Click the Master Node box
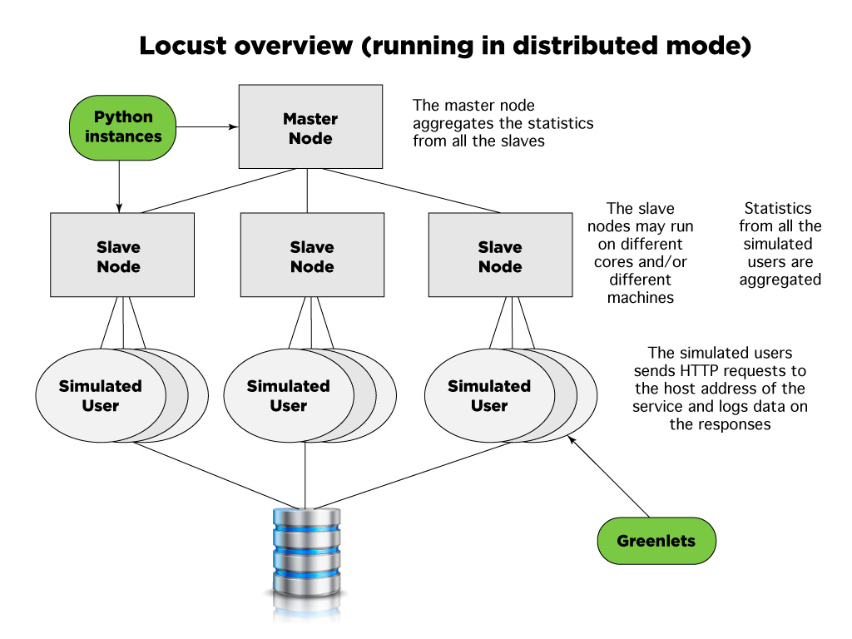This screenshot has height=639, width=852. click(310, 127)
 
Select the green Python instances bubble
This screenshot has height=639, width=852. click(122, 127)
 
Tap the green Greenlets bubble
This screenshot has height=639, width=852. click(656, 541)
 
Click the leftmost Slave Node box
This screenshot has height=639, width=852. click(122, 255)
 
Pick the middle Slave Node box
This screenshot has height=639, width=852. click(311, 255)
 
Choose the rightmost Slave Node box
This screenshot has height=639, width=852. click(499, 255)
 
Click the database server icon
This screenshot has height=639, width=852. click(306, 553)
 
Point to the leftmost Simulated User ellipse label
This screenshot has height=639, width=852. click(100, 396)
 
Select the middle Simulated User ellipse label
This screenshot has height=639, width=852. click(288, 396)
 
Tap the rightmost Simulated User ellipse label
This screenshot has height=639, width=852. click(488, 396)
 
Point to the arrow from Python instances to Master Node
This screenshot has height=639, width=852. click(208, 127)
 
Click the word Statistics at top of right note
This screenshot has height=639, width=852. click(778, 208)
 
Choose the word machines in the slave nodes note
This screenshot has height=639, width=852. click(640, 297)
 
